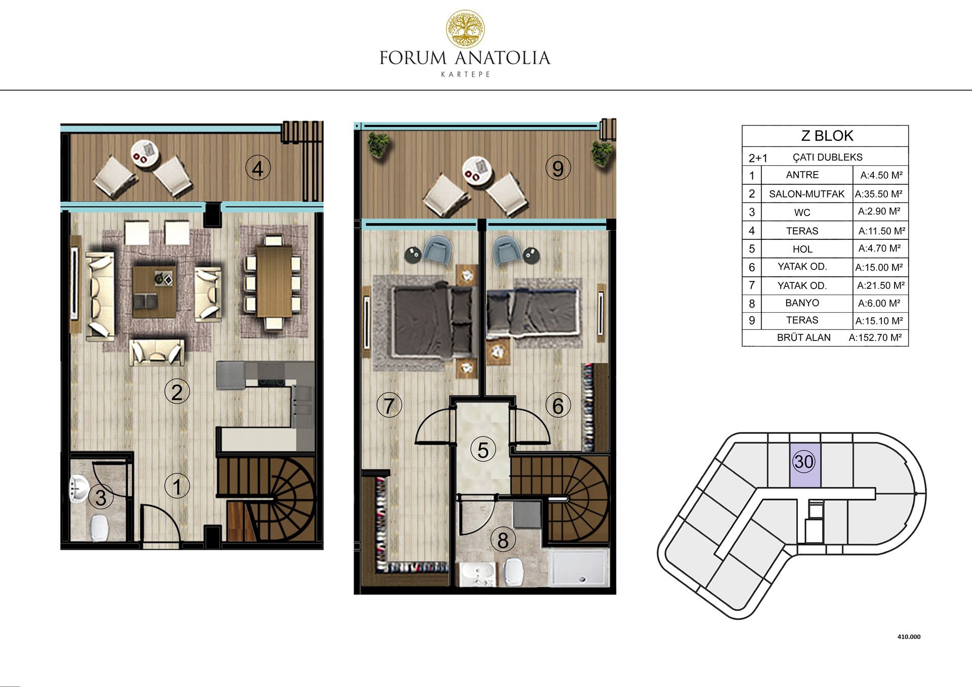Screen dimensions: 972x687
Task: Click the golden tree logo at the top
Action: click(465, 29)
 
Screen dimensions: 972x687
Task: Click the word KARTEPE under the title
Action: click(465, 74)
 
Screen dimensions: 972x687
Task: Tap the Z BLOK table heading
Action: click(827, 136)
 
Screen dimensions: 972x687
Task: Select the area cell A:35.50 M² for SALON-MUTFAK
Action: click(879, 194)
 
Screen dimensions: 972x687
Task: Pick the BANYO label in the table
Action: click(802, 303)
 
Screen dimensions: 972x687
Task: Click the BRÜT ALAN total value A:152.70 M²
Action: click(875, 337)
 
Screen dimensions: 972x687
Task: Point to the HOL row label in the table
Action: click(802, 249)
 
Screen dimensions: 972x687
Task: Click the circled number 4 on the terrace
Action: click(258, 168)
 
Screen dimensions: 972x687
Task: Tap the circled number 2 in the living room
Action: click(177, 392)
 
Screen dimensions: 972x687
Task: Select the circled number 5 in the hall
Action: click(483, 450)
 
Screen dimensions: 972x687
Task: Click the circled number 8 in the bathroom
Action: click(503, 540)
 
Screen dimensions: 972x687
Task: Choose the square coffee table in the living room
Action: click(154, 292)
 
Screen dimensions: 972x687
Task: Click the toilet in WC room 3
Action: click(99, 528)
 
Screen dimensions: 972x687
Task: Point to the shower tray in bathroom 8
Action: click(579, 568)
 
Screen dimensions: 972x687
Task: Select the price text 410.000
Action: click(909, 637)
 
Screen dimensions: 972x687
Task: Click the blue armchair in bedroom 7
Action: click(437, 250)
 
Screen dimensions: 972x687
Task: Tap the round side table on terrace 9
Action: click(477, 170)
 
